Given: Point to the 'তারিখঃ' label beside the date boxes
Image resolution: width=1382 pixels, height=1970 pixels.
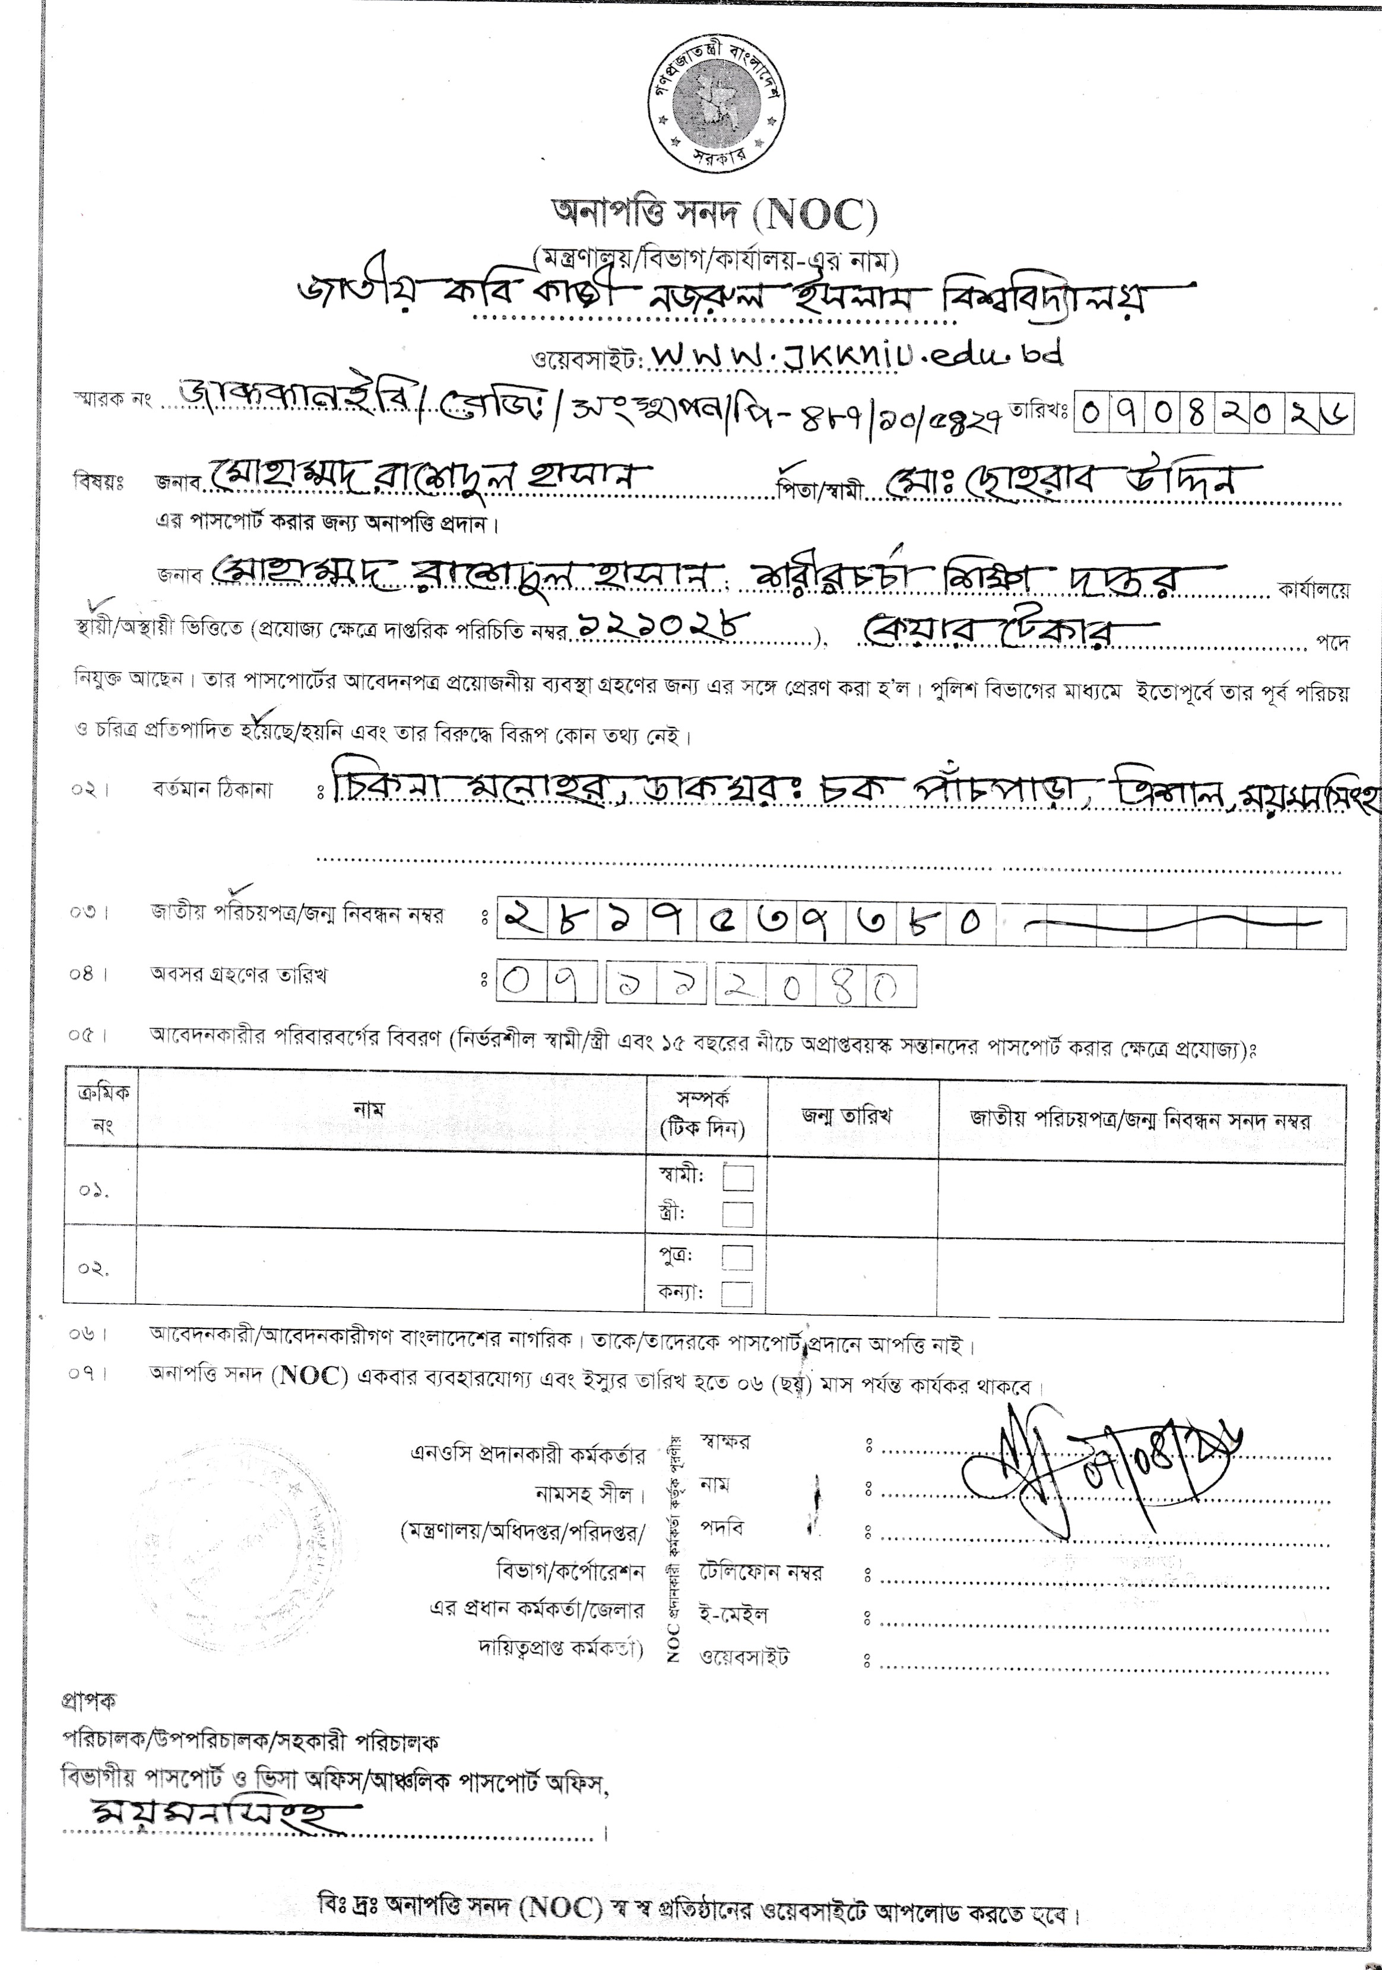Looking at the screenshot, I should click(x=1039, y=411).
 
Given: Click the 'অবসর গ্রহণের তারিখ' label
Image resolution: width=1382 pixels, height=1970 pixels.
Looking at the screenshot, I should click(x=238, y=975).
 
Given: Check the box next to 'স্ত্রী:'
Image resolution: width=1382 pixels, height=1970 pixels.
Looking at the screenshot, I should click(x=738, y=1214).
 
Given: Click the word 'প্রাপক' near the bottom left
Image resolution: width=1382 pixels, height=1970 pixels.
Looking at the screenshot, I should click(x=88, y=1701).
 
